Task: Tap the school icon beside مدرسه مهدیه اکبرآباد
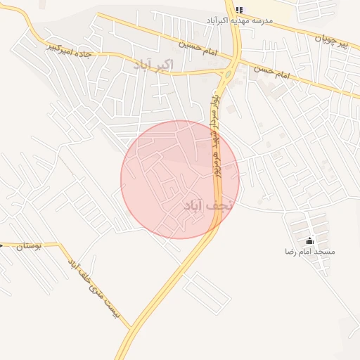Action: [x=239, y=10]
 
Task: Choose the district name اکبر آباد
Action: [x=152, y=65]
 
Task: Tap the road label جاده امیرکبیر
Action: [x=70, y=49]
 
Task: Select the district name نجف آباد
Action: [x=206, y=205]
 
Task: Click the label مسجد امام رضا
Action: [x=310, y=252]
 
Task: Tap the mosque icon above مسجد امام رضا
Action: [x=310, y=241]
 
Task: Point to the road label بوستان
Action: [x=30, y=246]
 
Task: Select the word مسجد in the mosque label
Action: [x=326, y=252]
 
